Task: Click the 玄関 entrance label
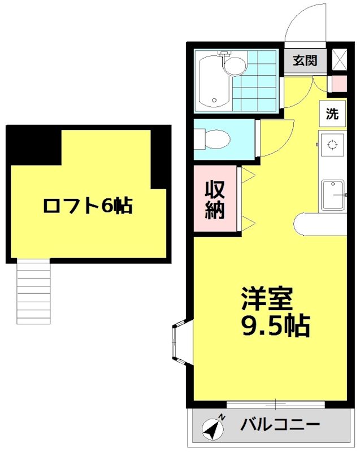point(305,60)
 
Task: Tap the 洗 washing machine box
point(332,114)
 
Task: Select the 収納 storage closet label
point(215,199)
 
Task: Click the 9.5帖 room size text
point(275,327)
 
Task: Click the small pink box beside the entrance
point(339,84)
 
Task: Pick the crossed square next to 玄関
point(339,59)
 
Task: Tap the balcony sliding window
point(276,405)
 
